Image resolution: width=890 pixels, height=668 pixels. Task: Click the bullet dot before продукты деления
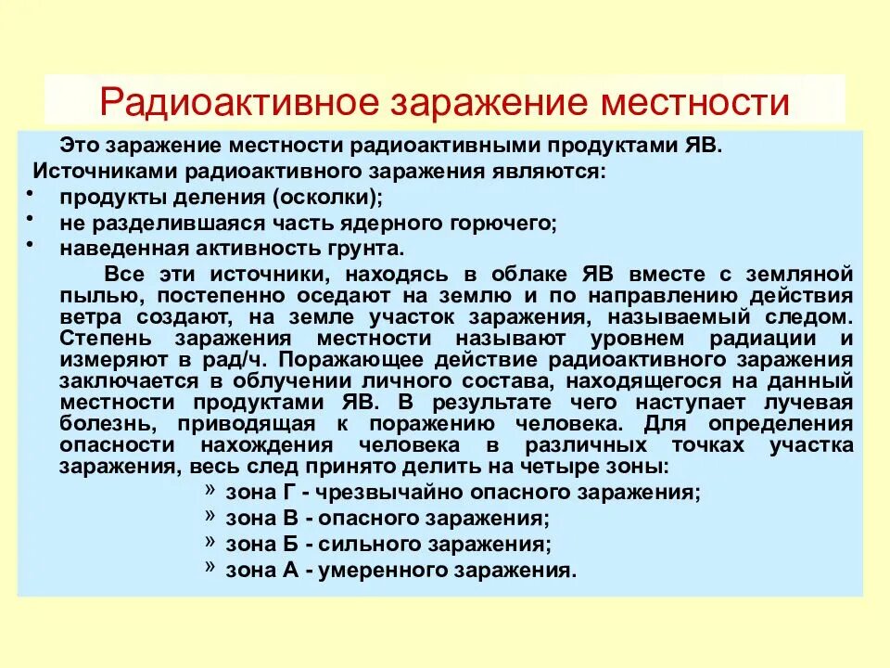click(28, 190)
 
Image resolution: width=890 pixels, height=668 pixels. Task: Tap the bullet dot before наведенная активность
click(28, 242)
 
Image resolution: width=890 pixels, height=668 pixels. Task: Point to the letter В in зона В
click(289, 518)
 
